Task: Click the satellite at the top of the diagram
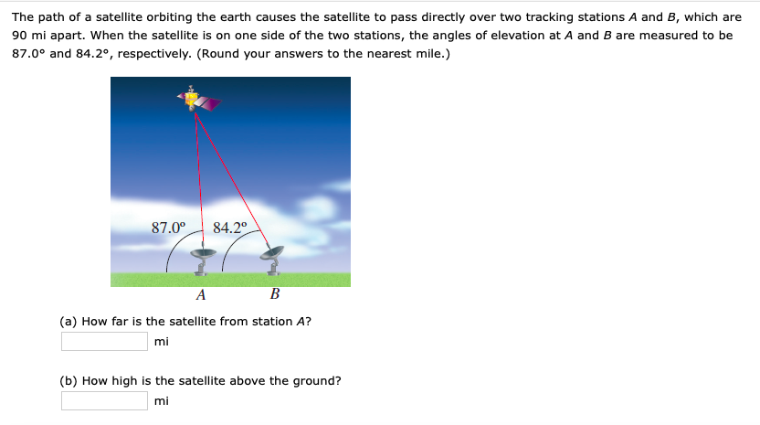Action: coord(195,101)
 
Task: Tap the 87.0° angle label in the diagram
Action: coord(168,228)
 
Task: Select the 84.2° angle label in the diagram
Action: coord(229,228)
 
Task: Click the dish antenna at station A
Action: coord(203,258)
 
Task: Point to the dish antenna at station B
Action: coord(271,255)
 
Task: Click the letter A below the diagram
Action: coord(201,295)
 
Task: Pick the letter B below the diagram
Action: coord(274,295)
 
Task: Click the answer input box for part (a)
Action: coord(104,342)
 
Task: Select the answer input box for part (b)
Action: coord(104,401)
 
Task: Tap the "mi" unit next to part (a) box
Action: coord(162,342)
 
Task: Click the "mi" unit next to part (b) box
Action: coord(162,401)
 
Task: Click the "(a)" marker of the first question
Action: coord(69,321)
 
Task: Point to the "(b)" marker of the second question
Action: coord(69,380)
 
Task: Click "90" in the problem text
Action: coord(20,36)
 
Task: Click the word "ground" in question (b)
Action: coord(320,380)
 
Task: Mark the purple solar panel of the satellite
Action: coord(210,104)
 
